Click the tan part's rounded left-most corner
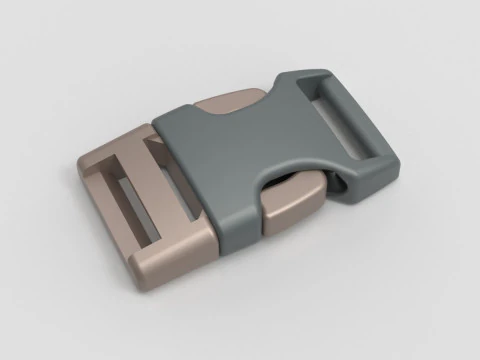tap(78, 165)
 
